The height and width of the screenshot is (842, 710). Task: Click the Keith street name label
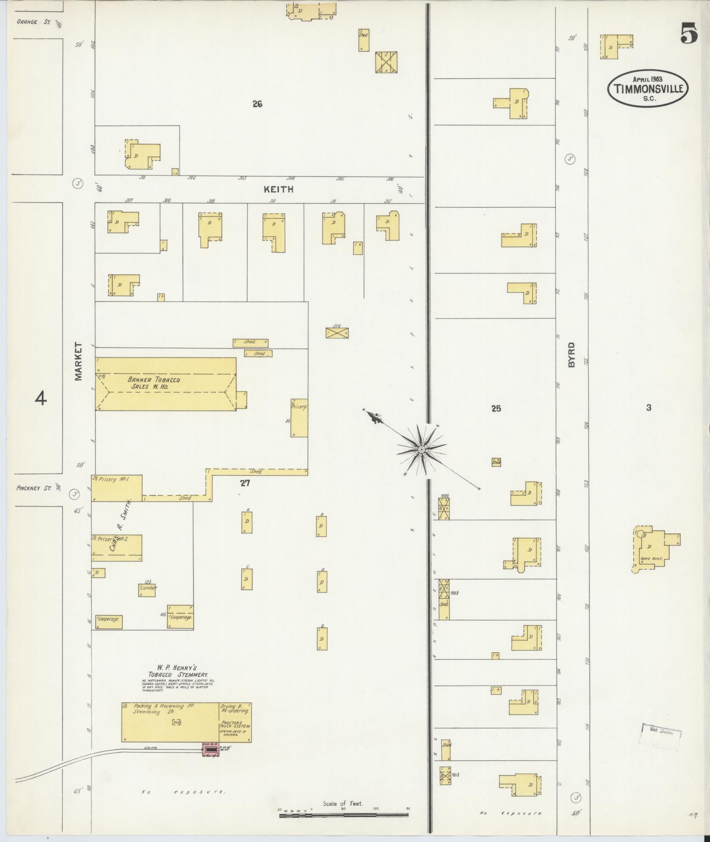[278, 190]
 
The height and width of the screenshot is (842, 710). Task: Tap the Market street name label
[78, 361]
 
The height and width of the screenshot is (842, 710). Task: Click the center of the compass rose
[421, 449]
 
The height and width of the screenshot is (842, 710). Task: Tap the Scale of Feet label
[342, 804]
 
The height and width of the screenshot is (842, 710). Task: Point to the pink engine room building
[210, 750]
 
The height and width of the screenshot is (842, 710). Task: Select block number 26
[258, 104]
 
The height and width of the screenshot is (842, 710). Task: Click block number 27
[245, 483]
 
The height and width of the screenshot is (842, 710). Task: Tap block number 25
[496, 408]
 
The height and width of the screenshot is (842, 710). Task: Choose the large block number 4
[40, 399]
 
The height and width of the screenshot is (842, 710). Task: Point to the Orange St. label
[34, 22]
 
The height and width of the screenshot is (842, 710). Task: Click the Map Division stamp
[662, 733]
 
